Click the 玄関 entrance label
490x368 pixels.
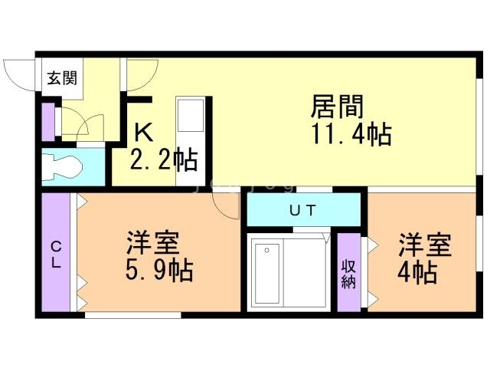[62, 78]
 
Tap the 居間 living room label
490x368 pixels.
[337, 107]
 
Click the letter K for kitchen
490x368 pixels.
[143, 133]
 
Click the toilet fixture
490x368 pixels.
[62, 166]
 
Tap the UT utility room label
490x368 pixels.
[302, 210]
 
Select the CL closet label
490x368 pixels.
[56, 255]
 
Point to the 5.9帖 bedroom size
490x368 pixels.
[159, 270]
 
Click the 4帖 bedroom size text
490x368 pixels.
[416, 273]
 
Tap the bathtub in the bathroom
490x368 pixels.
[267, 274]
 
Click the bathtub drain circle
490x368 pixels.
[266, 251]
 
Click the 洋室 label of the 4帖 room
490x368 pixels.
[424, 245]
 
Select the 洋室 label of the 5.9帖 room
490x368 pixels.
[153, 242]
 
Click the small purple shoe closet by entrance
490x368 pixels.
[48, 122]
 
